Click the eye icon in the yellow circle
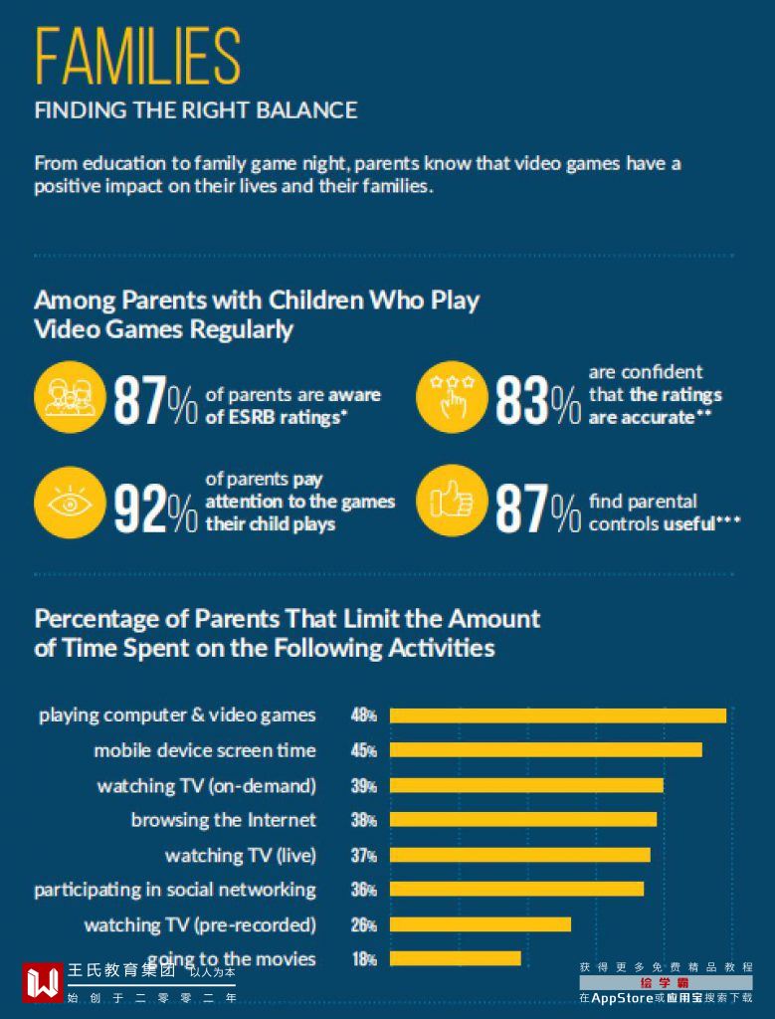pos(69,503)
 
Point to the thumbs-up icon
pos(451,502)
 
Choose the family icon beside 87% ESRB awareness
pos(69,395)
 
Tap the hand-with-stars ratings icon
pos(451,395)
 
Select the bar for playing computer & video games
pos(557,715)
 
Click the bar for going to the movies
pos(455,958)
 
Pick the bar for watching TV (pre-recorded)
pos(480,924)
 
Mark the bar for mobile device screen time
pos(545,750)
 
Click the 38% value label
pos(363,820)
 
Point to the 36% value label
pos(363,890)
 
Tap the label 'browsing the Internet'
pos(223,820)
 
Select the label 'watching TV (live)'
pos(240,855)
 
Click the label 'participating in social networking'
pos(175,890)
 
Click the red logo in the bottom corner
pos(42,982)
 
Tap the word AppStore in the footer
pos(622,997)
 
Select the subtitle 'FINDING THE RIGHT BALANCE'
pos(196,110)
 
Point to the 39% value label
pos(363,785)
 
